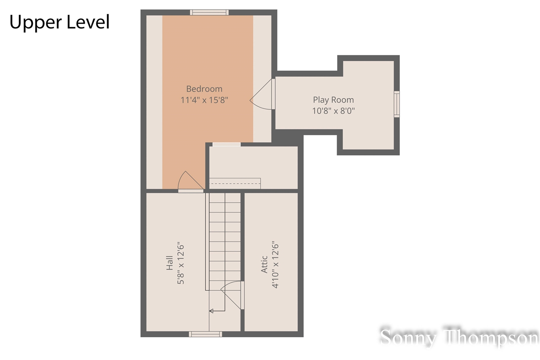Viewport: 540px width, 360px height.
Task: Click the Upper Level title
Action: (59, 22)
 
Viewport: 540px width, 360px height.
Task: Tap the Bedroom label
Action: (204, 89)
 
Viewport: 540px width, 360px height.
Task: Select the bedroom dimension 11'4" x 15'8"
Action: (204, 100)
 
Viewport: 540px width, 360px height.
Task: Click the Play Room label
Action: (333, 100)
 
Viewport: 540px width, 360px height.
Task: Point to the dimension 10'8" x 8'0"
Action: (333, 111)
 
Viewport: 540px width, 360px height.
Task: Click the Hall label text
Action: (170, 263)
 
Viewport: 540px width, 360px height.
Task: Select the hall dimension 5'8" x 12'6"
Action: (181, 263)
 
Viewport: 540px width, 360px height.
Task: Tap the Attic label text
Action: (265, 264)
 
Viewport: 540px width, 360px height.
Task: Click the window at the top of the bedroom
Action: (209, 12)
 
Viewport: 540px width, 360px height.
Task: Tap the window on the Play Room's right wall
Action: (397, 104)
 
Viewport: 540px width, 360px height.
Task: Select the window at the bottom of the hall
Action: (205, 334)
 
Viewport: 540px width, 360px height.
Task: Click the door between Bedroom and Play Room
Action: (264, 95)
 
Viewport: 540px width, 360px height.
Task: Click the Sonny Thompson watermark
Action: (459, 338)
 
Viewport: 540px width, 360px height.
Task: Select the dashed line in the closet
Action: (235, 184)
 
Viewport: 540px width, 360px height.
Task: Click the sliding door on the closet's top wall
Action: (226, 144)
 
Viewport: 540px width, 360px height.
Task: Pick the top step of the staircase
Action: (225, 198)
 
